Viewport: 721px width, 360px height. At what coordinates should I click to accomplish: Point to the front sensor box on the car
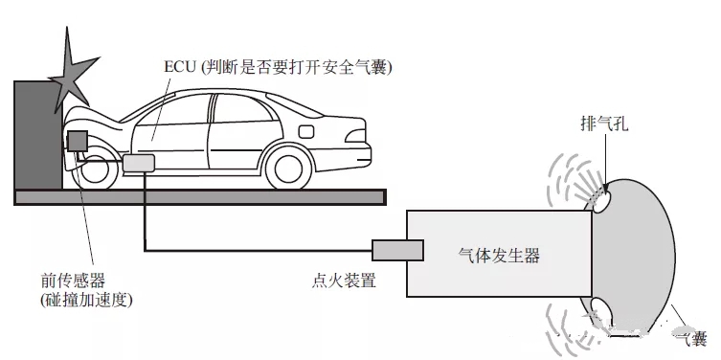[x=77, y=141]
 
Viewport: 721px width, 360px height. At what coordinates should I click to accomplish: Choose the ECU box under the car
[x=139, y=163]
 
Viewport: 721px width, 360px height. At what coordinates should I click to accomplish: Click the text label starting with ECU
[x=279, y=68]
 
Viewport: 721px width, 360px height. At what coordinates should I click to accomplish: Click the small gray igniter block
[x=397, y=250]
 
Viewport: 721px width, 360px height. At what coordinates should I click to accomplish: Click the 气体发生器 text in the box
[x=499, y=256]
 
